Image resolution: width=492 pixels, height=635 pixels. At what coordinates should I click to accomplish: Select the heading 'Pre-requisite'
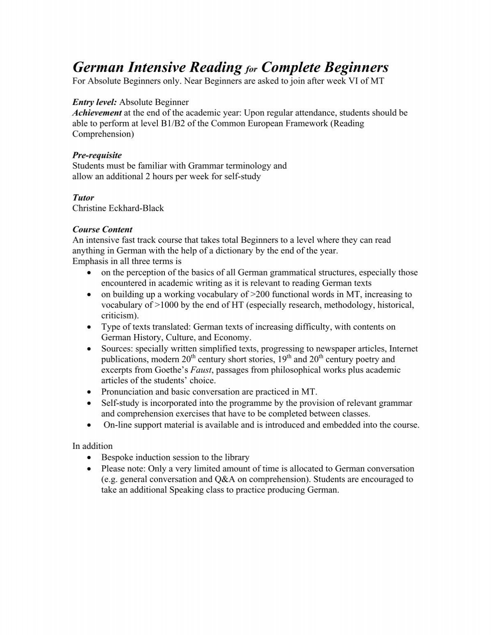pyautogui.click(x=97, y=155)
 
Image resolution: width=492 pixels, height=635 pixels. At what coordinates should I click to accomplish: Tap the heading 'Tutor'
pyautogui.click(x=83, y=198)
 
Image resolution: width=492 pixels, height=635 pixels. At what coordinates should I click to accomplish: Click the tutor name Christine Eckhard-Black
pyautogui.click(x=118, y=208)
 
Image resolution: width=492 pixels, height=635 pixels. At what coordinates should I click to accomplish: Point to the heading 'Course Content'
pyautogui.click(x=102, y=230)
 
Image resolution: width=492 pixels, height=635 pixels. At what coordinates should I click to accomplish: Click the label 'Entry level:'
pyautogui.click(x=95, y=102)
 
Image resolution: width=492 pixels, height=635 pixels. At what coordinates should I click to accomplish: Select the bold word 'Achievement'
pyautogui.click(x=97, y=112)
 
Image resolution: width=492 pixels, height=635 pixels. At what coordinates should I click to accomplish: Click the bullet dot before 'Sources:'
pyautogui.click(x=89, y=349)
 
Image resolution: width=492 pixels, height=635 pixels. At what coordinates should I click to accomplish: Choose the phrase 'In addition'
pyautogui.click(x=92, y=446)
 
